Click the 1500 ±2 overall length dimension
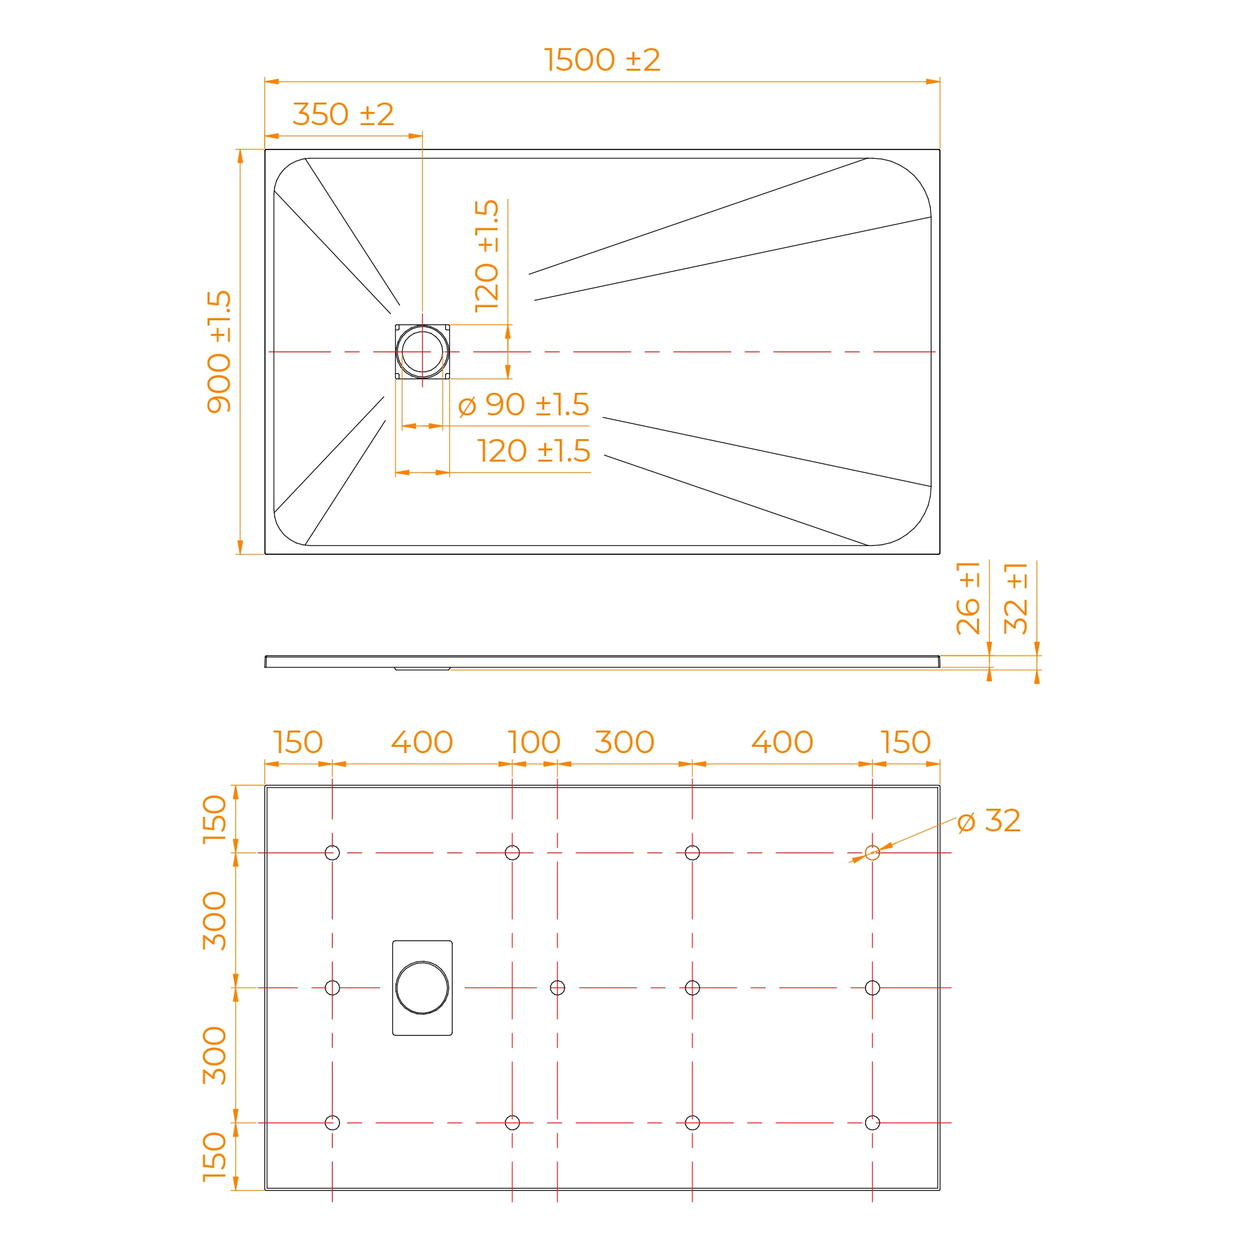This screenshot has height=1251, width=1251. (x=602, y=60)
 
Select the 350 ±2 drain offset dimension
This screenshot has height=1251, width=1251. (x=343, y=114)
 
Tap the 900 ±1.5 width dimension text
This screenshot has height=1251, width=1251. (x=219, y=352)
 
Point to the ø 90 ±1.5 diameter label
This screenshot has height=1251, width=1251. (x=524, y=405)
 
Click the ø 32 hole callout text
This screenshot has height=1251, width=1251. (x=989, y=821)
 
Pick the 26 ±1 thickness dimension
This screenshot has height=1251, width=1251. (x=968, y=597)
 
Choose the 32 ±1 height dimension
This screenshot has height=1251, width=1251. (x=1015, y=597)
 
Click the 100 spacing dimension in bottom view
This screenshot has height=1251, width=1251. (x=534, y=742)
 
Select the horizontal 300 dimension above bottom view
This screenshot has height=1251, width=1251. (x=624, y=742)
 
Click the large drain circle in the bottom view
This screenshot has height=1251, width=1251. (x=422, y=962)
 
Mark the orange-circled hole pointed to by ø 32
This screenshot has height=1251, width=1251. (x=872, y=853)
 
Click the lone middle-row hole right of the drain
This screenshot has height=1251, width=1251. (x=557, y=988)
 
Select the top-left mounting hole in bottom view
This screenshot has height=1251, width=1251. (x=332, y=853)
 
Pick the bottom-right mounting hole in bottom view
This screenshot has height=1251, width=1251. (x=872, y=1122)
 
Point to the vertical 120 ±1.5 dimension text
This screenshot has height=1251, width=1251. (x=486, y=256)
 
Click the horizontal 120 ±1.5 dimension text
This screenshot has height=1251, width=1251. (x=534, y=450)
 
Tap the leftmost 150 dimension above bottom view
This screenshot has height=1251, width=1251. (x=298, y=742)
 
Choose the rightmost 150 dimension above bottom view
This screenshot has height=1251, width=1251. (x=905, y=742)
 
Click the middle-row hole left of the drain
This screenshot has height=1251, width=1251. (x=332, y=988)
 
